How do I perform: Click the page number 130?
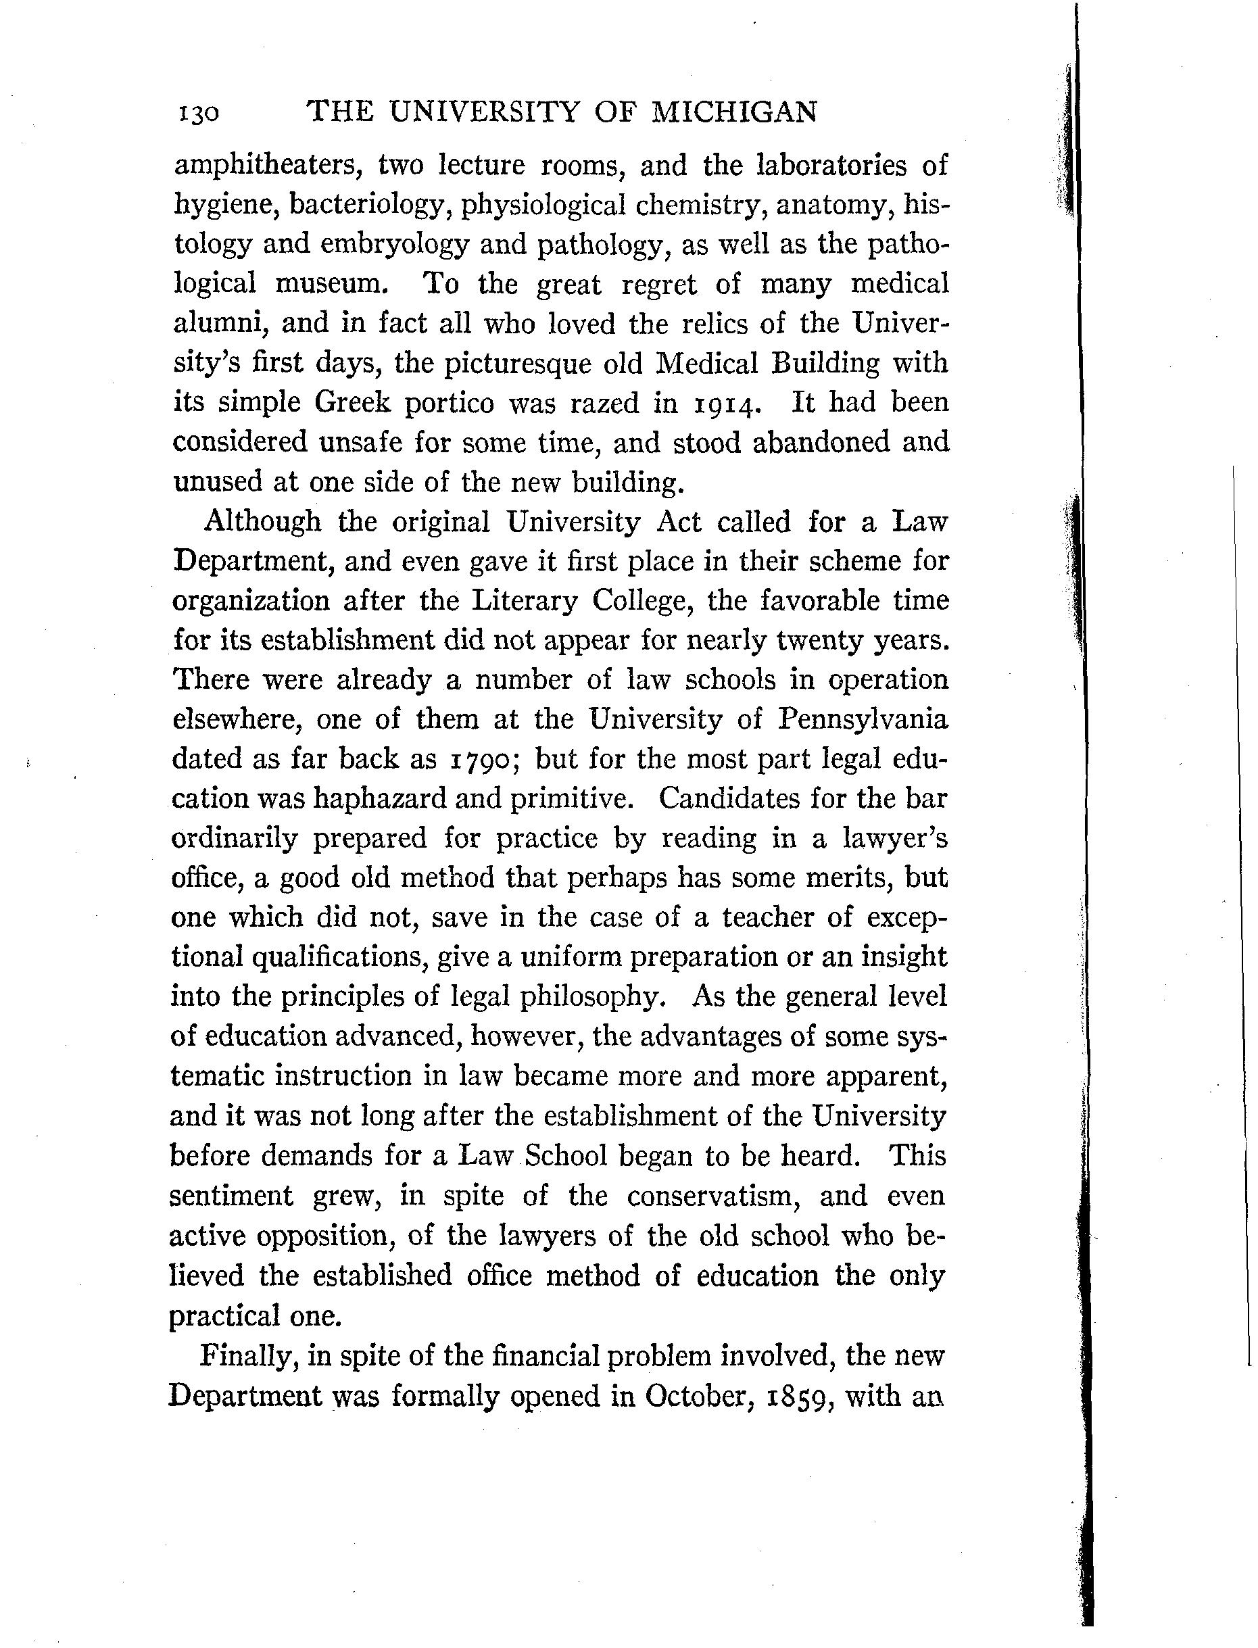(199, 114)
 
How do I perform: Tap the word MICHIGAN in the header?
(734, 112)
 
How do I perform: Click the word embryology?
(395, 244)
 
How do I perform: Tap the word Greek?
(353, 403)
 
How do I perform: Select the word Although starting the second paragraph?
(262, 521)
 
